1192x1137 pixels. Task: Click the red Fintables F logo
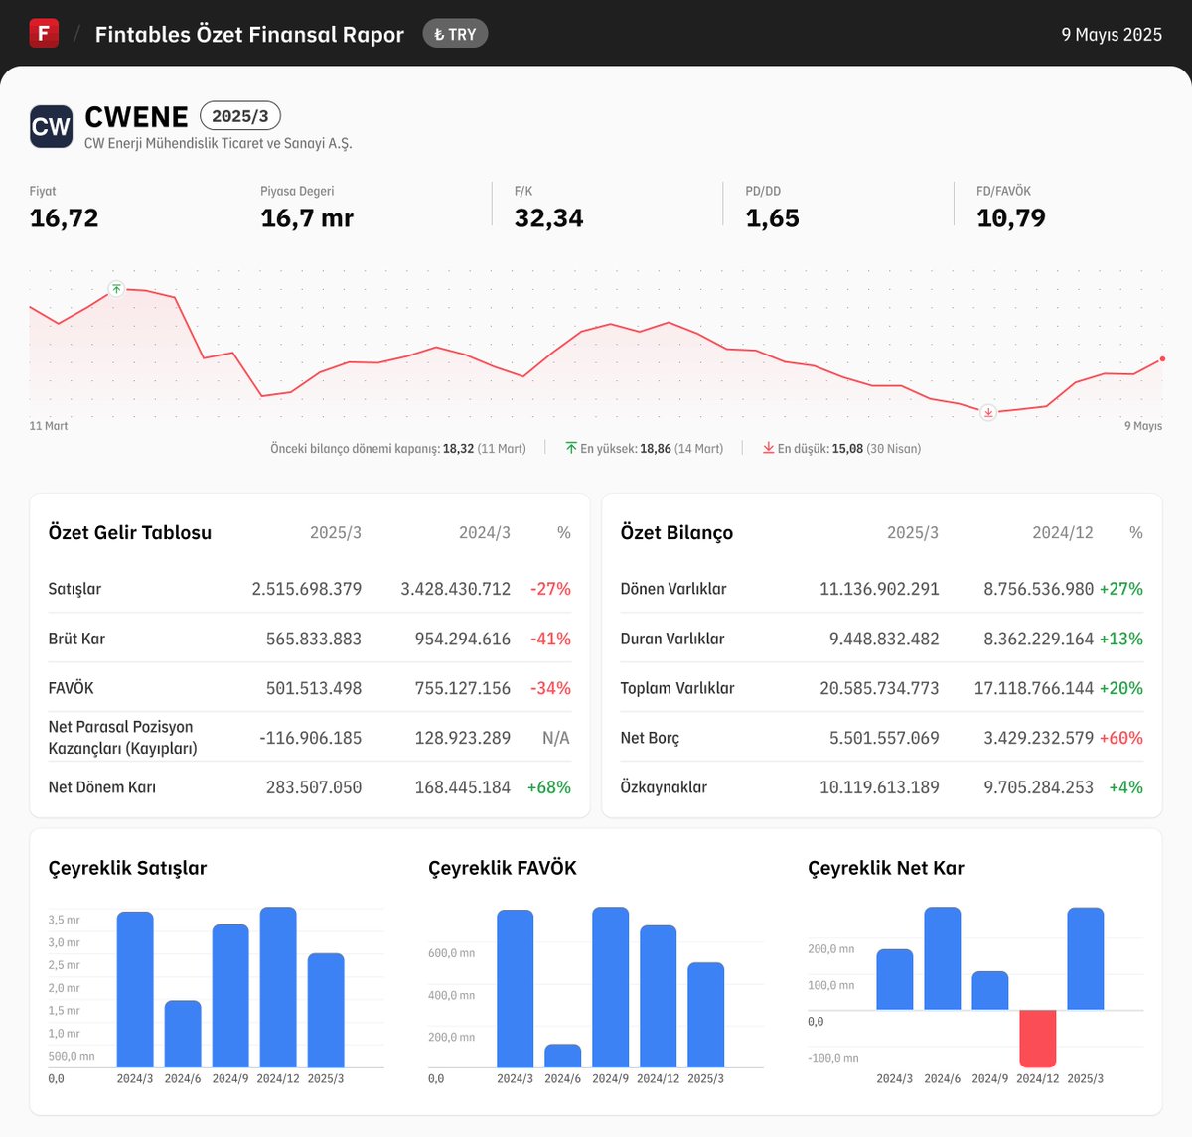coord(44,34)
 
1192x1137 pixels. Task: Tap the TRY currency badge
coord(455,34)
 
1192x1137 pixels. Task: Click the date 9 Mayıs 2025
coord(1111,34)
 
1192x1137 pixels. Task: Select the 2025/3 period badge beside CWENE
coord(240,116)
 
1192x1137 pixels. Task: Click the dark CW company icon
coord(51,127)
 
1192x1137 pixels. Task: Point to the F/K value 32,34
coord(548,218)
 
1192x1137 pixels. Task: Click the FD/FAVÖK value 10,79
coord(1010,218)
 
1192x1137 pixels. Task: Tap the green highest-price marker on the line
coord(116,289)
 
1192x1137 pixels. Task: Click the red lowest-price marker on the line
coord(987,412)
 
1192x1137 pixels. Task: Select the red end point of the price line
coord(1162,359)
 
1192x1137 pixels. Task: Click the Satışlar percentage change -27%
coord(550,589)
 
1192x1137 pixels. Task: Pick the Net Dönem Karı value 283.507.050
coord(313,787)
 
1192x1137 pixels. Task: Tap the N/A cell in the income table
coord(555,738)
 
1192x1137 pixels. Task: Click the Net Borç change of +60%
coord(1120,738)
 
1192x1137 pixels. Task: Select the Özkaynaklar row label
coord(664,787)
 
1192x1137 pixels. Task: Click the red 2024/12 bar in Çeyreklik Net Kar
coord(1037,1038)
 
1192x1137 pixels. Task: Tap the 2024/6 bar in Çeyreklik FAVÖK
coord(562,1056)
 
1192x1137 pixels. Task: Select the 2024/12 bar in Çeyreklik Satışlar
coord(278,987)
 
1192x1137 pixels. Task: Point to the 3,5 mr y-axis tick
coord(64,920)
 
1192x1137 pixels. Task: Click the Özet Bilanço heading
coord(676,533)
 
